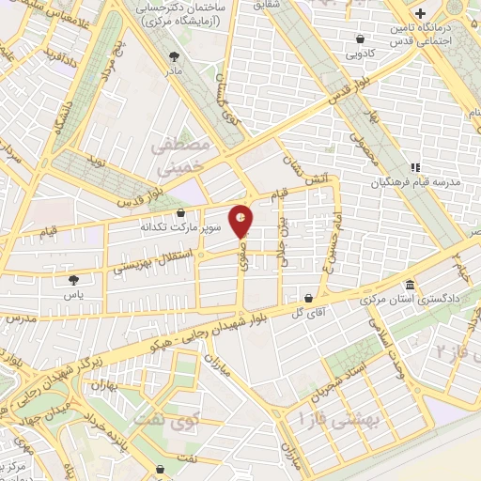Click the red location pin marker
coord(242,220)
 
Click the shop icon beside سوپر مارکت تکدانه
coord(180,213)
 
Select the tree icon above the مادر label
coord(172,56)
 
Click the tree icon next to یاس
coord(73,279)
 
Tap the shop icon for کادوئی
coord(361,39)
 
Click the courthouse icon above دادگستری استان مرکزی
coord(410,285)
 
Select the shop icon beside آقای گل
coord(307,297)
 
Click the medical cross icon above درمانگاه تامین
coord(421,14)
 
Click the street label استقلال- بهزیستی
coord(156,262)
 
